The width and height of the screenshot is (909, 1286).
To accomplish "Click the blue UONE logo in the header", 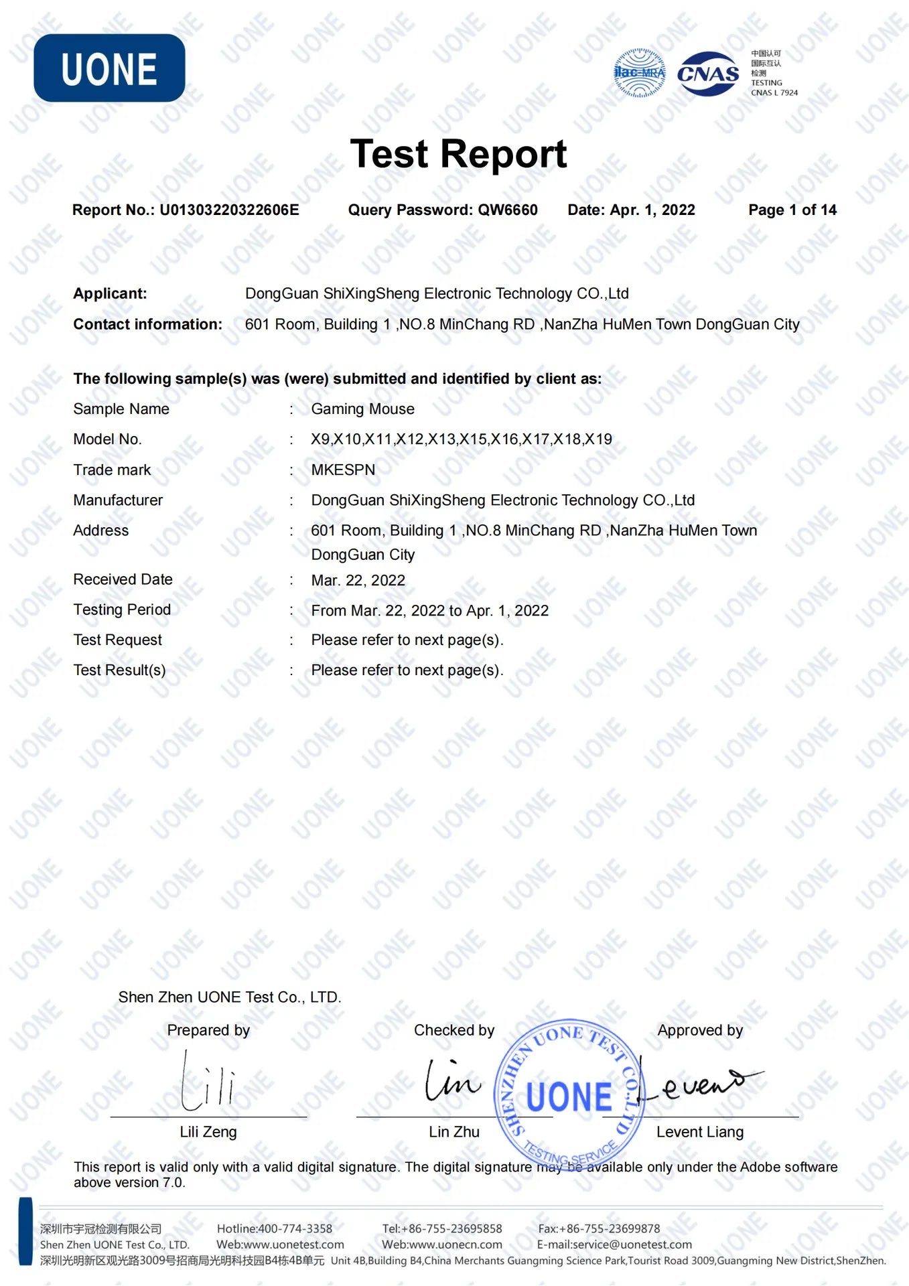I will (109, 68).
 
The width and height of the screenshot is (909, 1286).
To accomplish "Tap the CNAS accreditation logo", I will (707, 74).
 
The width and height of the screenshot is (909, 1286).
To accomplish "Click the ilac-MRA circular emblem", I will (640, 73).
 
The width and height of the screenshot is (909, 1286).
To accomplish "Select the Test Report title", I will (458, 154).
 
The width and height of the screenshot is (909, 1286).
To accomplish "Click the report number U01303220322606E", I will (229, 210).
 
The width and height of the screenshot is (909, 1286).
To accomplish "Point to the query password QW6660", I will (508, 210).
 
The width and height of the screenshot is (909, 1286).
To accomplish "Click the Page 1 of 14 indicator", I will (792, 210).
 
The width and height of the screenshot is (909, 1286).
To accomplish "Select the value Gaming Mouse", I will (362, 409).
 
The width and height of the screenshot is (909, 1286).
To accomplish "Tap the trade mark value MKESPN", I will (343, 470).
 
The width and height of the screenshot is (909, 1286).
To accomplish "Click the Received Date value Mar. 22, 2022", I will (358, 581).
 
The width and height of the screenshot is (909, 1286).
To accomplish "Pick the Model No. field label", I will (107, 439).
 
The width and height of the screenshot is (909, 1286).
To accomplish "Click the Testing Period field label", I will (122, 610).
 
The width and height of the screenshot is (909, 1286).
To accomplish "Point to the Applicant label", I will (110, 293).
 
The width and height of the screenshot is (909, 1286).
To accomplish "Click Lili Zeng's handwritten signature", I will (208, 1080).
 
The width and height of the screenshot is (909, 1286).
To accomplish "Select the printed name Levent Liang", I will (700, 1132).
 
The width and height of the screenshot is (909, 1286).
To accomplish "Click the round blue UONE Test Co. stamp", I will (569, 1096).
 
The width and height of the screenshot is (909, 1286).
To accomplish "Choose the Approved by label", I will (700, 1030).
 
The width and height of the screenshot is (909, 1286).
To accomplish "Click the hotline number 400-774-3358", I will (295, 1229).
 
